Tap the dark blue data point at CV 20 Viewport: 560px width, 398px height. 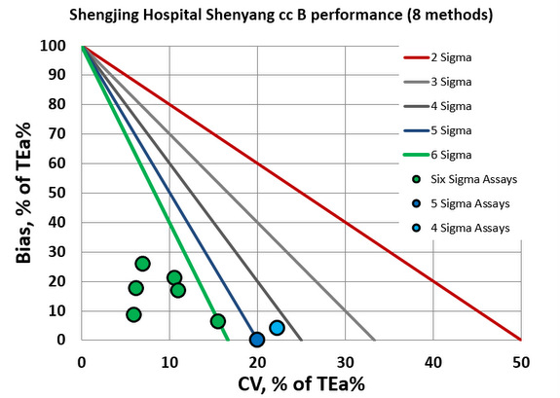click(x=257, y=340)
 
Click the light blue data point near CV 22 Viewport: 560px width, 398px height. click(x=277, y=328)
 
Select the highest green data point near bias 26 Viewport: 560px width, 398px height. click(x=142, y=264)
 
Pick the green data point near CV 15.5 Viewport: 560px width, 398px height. click(x=217, y=321)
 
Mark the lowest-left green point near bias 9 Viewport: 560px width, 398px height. click(x=133, y=314)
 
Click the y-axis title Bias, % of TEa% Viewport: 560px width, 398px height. click(x=21, y=195)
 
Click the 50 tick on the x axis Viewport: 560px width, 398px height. click(x=521, y=359)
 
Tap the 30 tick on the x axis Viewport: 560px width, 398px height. click(x=345, y=359)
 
